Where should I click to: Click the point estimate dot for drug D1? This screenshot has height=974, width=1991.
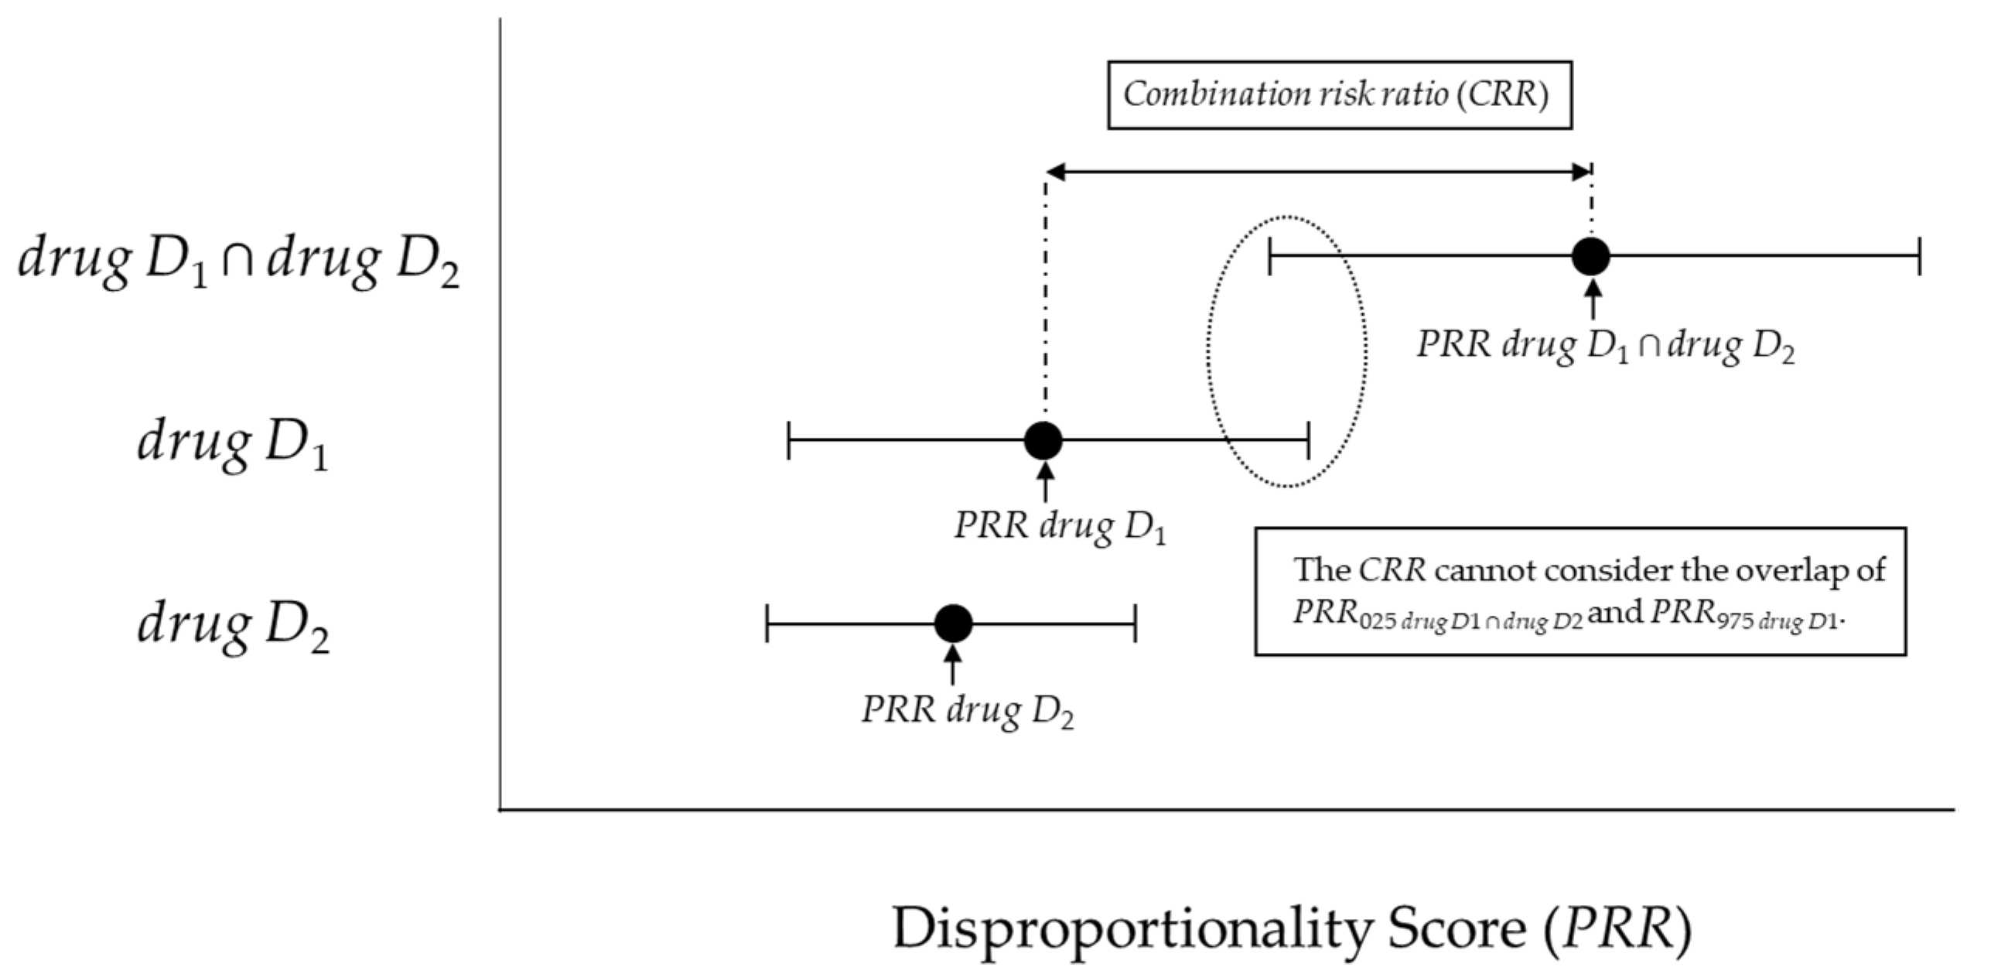[x=1043, y=441]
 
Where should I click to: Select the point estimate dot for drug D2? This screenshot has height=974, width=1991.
[x=953, y=623]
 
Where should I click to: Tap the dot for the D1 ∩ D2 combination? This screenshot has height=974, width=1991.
[x=1591, y=256]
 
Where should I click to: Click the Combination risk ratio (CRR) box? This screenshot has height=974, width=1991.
[x=1339, y=95]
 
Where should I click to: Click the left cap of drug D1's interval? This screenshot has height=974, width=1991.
[x=788, y=441]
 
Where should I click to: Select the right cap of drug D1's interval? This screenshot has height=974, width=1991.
[x=1308, y=441]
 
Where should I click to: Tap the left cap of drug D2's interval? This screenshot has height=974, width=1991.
[x=767, y=623]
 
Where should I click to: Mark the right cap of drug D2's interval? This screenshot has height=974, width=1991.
[x=1135, y=623]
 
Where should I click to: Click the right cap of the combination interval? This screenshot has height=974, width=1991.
[x=1919, y=256]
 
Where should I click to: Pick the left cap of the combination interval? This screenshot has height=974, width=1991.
[x=1269, y=256]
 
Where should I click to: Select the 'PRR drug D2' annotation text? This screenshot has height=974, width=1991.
[x=967, y=710]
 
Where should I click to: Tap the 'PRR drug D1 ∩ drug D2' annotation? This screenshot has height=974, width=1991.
[x=1605, y=345]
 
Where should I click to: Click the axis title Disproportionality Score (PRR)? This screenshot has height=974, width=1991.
[x=1292, y=929]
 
